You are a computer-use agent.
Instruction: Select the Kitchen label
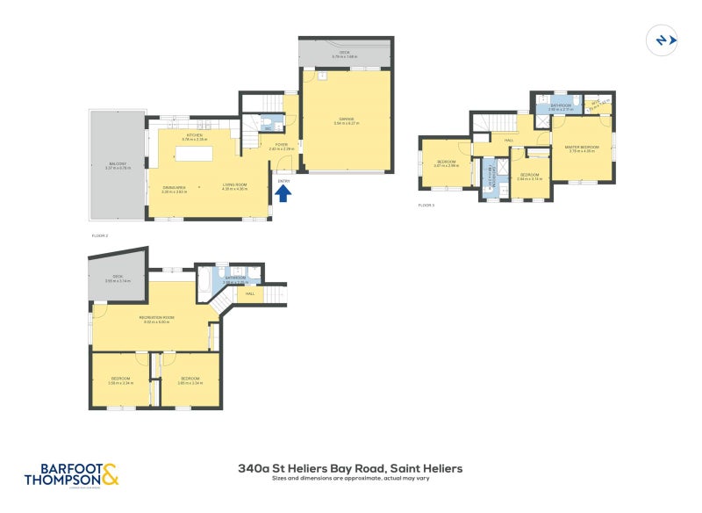(194, 135)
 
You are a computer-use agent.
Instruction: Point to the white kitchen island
(203, 154)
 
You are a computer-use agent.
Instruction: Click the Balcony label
(118, 163)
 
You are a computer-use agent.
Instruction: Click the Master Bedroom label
(583, 147)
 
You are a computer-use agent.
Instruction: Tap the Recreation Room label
(156, 316)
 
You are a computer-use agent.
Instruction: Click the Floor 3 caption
(426, 205)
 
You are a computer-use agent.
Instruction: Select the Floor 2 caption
(100, 236)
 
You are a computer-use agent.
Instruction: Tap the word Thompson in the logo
(61, 480)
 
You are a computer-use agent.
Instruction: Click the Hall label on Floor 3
(508, 138)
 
